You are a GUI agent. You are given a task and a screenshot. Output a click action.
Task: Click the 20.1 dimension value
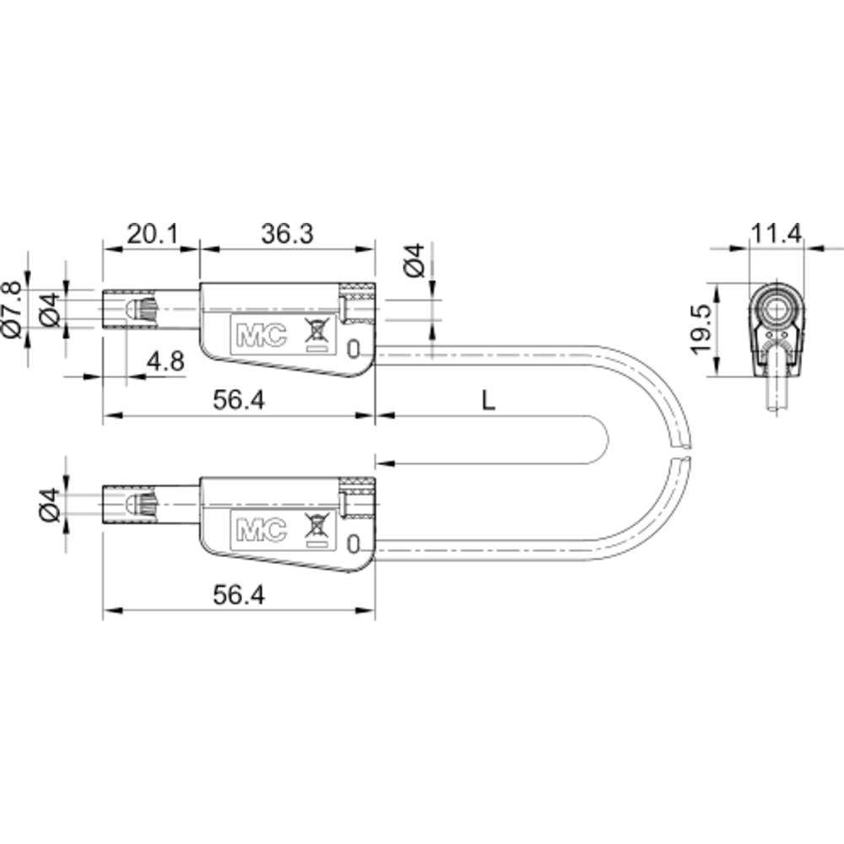[152, 234]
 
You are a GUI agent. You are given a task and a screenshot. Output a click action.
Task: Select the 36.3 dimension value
[287, 234]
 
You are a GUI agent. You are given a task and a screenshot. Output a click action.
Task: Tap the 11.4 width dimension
[776, 234]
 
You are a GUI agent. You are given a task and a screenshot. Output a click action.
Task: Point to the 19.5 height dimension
[699, 329]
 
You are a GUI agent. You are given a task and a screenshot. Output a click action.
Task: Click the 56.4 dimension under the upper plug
[239, 402]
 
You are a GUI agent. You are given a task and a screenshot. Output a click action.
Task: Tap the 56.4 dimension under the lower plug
[239, 595]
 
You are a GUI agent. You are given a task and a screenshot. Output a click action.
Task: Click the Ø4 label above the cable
[413, 261]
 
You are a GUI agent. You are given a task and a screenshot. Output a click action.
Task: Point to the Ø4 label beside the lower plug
[50, 505]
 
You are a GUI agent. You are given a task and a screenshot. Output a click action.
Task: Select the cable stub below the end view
[775, 392]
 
